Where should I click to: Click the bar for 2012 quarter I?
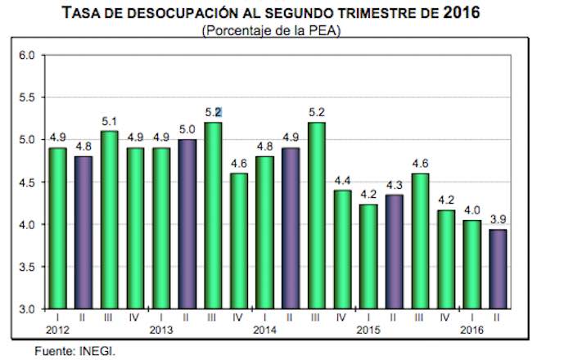pos(57,228)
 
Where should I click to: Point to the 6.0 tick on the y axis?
pos(27,56)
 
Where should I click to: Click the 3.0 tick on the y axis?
pos(27,309)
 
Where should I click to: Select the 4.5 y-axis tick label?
pos(27,182)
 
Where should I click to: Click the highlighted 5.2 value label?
pos(213,112)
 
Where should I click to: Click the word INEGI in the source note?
pos(99,351)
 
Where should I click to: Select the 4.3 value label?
pos(392,185)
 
